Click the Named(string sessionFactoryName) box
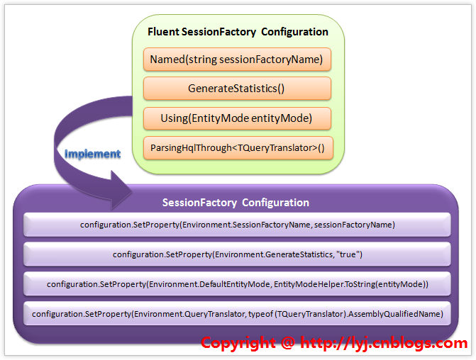tap(237, 60)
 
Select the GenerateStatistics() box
tap(237, 89)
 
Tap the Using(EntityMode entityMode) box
tap(237, 118)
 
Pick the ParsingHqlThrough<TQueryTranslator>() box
tap(238, 148)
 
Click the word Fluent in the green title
tap(163, 32)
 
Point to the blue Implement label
tap(93, 154)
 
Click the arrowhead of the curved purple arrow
tap(121, 191)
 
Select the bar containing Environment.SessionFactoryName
tap(237, 225)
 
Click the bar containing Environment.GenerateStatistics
tap(237, 254)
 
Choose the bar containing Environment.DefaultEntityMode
tap(237, 284)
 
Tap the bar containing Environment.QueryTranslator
tap(237, 314)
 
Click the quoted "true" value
tap(349, 254)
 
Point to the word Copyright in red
tap(238, 343)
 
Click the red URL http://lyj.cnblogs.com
tap(384, 343)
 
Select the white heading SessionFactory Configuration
tap(236, 203)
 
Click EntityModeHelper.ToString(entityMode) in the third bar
tap(351, 284)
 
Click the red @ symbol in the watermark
tap(288, 343)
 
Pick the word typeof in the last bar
tap(261, 314)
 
